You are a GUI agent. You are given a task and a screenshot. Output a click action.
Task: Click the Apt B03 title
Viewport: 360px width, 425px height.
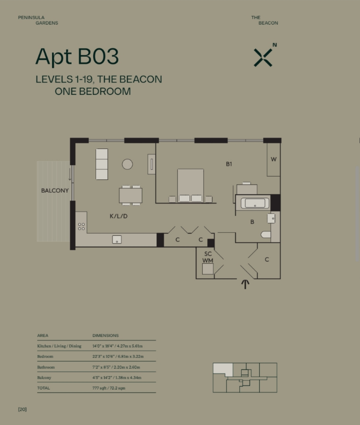click(x=77, y=56)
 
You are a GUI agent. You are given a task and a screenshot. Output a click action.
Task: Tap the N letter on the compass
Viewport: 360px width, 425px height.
click(x=275, y=45)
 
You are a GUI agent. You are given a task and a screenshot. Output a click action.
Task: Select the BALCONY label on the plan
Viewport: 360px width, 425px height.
click(x=55, y=191)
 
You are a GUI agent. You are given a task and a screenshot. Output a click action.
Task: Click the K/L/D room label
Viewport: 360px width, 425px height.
click(x=119, y=216)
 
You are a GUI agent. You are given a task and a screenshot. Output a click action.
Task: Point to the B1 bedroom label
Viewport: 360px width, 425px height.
click(x=229, y=164)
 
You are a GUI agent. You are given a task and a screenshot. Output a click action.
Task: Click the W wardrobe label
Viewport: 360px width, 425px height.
click(x=273, y=159)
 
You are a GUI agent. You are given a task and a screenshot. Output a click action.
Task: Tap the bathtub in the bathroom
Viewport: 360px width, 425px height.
click(x=255, y=203)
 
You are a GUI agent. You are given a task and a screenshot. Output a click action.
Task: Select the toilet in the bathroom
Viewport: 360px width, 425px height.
click(x=266, y=234)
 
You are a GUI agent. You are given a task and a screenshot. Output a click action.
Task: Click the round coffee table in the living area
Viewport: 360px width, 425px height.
click(x=127, y=164)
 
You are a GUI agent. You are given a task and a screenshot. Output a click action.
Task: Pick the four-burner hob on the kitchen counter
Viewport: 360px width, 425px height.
click(x=81, y=226)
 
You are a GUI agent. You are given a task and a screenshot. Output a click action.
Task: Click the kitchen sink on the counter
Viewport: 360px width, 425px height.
click(x=117, y=239)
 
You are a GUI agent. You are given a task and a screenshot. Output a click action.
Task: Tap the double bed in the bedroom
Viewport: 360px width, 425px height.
click(x=191, y=186)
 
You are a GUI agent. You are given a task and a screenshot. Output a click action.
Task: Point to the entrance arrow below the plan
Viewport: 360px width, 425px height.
click(x=245, y=284)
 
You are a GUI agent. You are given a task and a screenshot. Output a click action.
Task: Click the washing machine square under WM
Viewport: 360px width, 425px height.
click(x=208, y=269)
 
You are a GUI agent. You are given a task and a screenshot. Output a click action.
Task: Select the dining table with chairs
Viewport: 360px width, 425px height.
click(x=130, y=195)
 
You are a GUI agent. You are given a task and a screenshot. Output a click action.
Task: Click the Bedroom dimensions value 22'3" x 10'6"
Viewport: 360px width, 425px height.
click(x=118, y=356)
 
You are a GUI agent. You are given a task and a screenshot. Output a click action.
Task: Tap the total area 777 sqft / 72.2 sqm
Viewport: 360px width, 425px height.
click(x=109, y=388)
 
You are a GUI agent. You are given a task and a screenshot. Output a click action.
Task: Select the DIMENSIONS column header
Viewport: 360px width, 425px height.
click(x=106, y=336)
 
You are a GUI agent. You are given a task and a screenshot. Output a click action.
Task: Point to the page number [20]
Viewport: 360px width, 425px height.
click(x=23, y=410)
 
